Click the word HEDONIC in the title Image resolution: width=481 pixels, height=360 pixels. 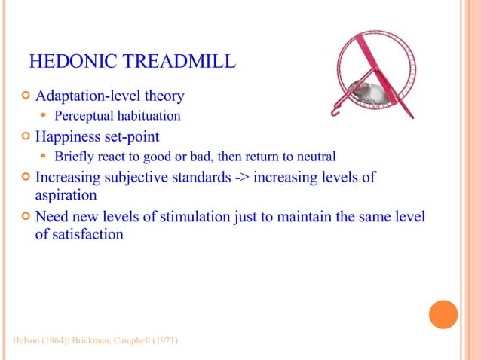coord(65,60)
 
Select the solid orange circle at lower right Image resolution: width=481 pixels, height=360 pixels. coord(443,314)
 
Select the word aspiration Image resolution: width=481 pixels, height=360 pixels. coord(66,195)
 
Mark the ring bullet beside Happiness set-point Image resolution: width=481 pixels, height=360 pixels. coord(26,137)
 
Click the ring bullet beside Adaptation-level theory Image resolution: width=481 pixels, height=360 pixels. coord(26,97)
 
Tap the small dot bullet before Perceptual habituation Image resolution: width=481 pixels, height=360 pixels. coord(44,117)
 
